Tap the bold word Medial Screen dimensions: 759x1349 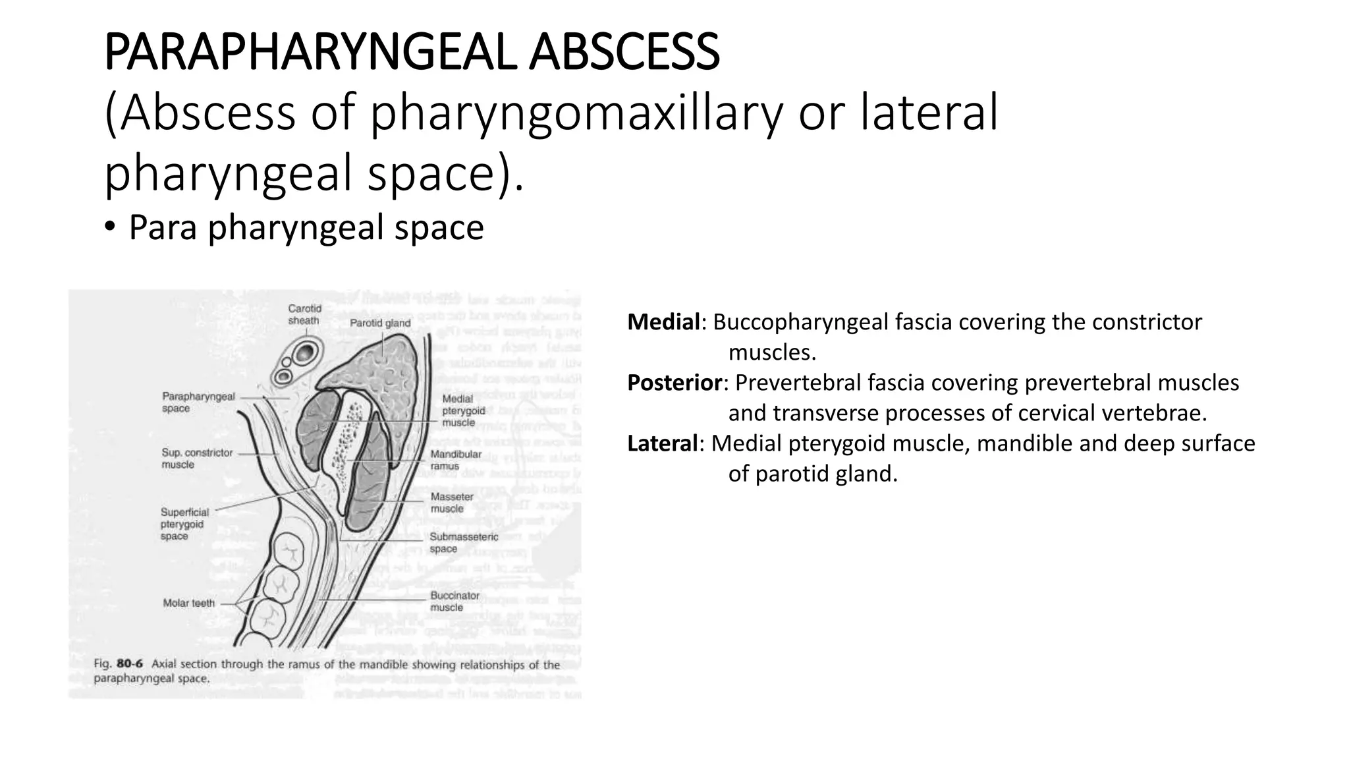[x=663, y=322]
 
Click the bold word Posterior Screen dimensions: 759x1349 [x=674, y=383]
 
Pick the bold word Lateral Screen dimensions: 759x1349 [x=662, y=443]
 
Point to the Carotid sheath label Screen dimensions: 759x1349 [x=304, y=315]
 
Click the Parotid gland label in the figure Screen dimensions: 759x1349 [x=380, y=323]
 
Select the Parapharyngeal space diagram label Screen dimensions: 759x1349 [x=198, y=403]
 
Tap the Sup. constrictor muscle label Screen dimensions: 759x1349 [x=197, y=459]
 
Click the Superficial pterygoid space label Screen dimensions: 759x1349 [x=184, y=524]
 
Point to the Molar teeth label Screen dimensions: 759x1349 [x=189, y=603]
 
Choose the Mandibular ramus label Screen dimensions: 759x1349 [x=456, y=460]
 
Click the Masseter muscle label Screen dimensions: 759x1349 [x=452, y=503]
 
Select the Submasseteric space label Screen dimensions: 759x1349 [x=464, y=543]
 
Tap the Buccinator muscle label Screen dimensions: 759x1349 [x=454, y=601]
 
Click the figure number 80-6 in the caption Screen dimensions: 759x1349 [x=130, y=664]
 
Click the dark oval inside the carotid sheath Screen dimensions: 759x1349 [x=304, y=353]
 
